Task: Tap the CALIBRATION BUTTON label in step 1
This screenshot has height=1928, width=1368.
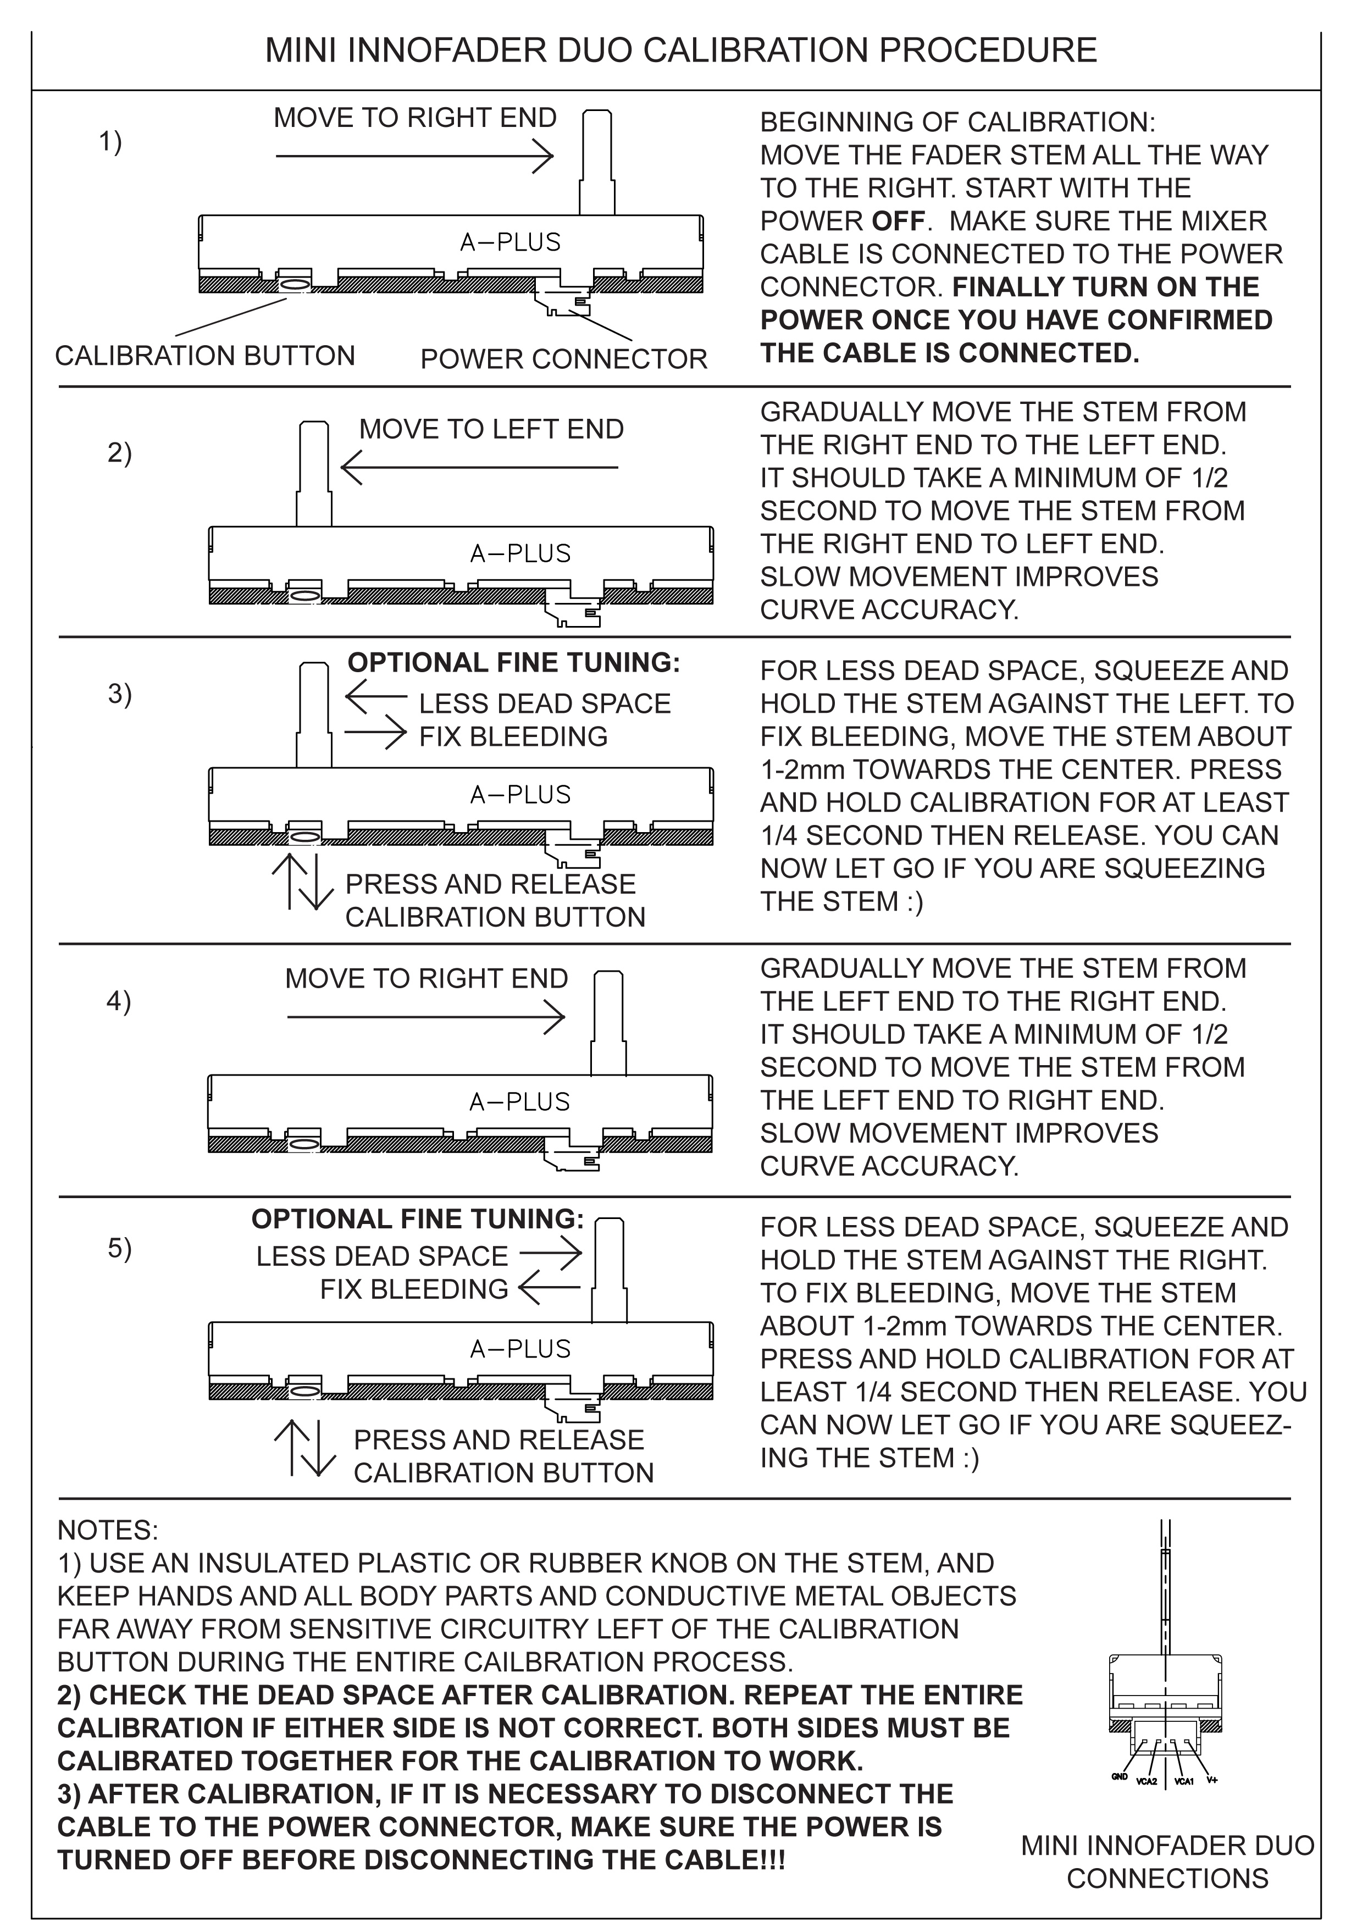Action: (x=204, y=356)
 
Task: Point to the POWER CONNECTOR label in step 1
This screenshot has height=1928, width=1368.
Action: (x=563, y=359)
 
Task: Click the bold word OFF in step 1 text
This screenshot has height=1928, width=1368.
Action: (x=898, y=221)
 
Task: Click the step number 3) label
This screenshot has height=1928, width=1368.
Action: (x=120, y=694)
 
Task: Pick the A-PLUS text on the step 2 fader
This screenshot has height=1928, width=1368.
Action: (x=520, y=553)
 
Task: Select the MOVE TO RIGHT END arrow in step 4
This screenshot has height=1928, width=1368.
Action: (x=425, y=1017)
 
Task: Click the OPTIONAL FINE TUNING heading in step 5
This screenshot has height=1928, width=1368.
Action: (x=417, y=1219)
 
